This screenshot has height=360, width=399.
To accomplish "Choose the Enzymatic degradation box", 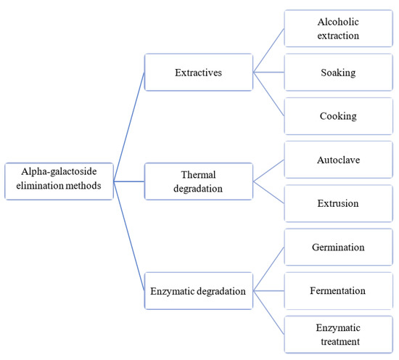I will (199, 290).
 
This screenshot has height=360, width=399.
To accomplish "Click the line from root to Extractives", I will (129, 127).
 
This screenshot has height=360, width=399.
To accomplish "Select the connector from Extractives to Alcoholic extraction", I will (268, 50).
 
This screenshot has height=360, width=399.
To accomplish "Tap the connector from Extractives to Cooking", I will (268, 94).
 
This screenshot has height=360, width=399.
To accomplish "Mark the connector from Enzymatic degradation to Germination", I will (268, 269).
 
